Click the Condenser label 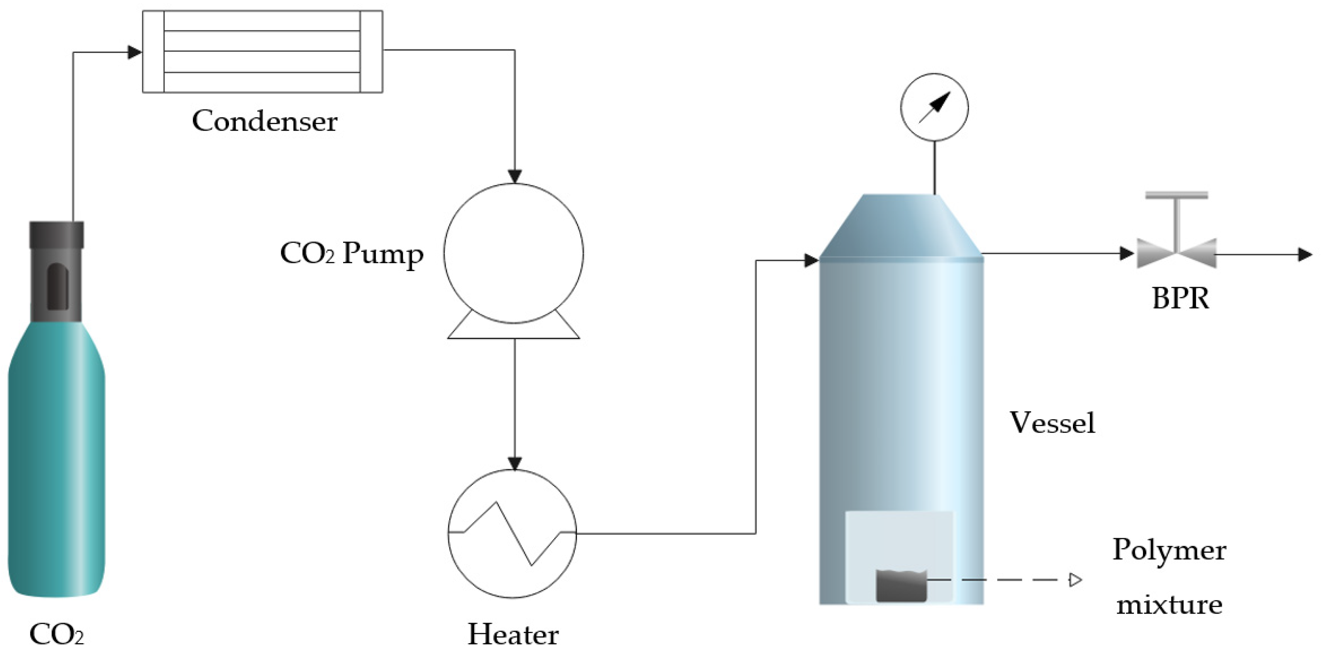point(264,122)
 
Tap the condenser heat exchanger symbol point(262,51)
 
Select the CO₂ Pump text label point(351,253)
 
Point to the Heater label point(513,634)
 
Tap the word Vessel point(1052,423)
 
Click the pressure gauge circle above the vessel point(934,107)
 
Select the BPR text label point(1180,298)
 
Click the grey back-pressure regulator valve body point(1177,253)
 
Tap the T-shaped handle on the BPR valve point(1177,196)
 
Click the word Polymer point(1169,550)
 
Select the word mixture point(1169,604)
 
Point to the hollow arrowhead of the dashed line point(1075,580)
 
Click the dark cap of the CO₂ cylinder point(57,235)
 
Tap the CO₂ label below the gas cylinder point(57,634)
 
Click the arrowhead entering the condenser point(135,52)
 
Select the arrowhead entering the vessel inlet point(811,261)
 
